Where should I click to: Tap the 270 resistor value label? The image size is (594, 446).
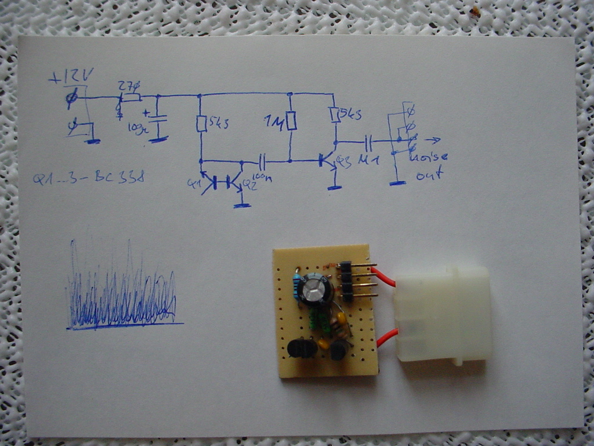coord(129,86)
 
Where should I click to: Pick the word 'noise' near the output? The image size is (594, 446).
coord(429,157)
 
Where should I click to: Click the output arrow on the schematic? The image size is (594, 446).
coord(432,140)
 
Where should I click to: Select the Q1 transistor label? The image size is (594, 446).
coord(193,184)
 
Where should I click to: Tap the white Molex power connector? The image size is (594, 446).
coord(442,314)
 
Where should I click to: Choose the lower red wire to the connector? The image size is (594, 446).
coord(387,337)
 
